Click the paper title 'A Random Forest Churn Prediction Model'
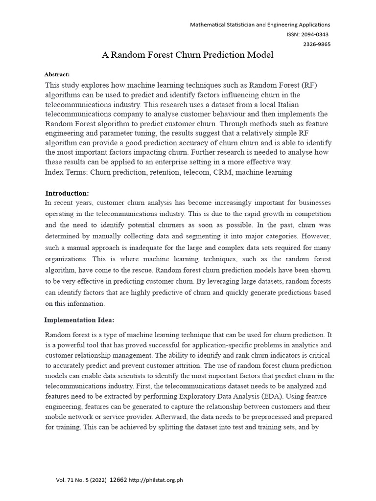pyautogui.click(x=188, y=55)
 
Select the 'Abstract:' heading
pyautogui.click(x=57, y=74)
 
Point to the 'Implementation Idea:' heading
pyautogui.click(x=79, y=320)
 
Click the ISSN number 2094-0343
pyautogui.click(x=314, y=34)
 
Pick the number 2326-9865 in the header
pyautogui.click(x=317, y=44)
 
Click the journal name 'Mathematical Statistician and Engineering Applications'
pyautogui.click(x=260, y=24)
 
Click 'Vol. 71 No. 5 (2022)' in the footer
pyautogui.click(x=80, y=480)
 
